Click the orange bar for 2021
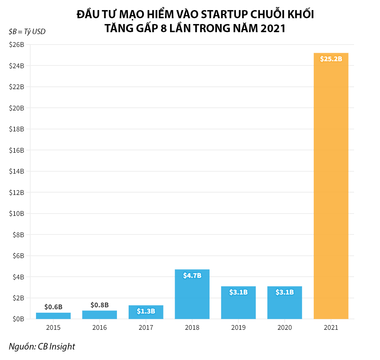[x=331, y=186]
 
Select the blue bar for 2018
[x=192, y=294]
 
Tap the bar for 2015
[x=53, y=316]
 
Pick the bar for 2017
[x=146, y=312]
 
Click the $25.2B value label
[x=331, y=59]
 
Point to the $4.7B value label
[x=192, y=276]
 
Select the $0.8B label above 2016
[x=100, y=305]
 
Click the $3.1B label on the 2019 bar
[x=238, y=292]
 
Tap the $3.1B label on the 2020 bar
[x=284, y=292]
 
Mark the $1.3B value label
[x=146, y=311]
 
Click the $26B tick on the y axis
[x=17, y=45]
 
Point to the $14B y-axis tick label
[x=17, y=171]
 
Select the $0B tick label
[x=18, y=319]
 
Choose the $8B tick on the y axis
[x=18, y=234]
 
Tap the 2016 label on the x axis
[x=100, y=328]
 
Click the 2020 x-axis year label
[x=284, y=328]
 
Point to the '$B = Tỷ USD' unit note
[x=27, y=32]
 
